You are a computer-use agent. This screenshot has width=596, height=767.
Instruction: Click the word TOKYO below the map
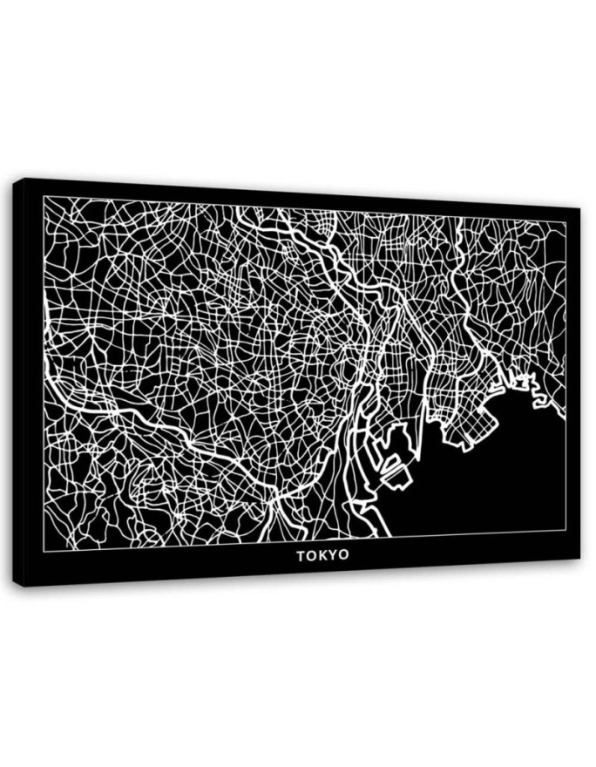(x=322, y=555)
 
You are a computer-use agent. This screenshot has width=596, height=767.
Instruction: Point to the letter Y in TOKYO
(x=333, y=555)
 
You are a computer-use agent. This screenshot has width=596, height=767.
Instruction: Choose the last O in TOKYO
(x=343, y=555)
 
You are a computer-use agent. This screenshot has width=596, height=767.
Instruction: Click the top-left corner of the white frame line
(x=44, y=196)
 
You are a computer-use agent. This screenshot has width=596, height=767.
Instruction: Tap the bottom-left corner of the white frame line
(x=44, y=550)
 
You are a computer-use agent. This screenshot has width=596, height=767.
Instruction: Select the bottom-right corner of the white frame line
(x=566, y=529)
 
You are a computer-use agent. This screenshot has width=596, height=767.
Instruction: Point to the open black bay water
(x=488, y=479)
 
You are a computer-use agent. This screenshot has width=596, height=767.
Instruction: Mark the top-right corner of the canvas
(x=579, y=208)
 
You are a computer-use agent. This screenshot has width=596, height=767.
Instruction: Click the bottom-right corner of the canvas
(x=579, y=559)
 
